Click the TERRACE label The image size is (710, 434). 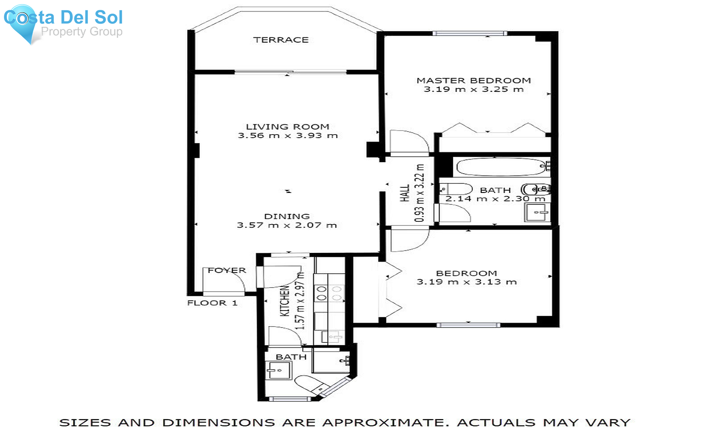pos(281,40)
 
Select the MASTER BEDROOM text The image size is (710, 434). pos(474,80)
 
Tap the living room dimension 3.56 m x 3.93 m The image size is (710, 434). pos(288,136)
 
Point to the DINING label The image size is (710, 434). pos(287,216)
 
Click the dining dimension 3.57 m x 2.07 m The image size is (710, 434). pos(287,225)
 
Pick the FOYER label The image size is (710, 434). pos(227,270)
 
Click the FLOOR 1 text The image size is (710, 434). pos(212,303)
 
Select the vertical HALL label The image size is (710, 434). pos(405,193)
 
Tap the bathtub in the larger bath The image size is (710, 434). pos(500,167)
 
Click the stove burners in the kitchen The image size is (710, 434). pos(329,294)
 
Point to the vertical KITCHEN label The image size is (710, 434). pos(285,301)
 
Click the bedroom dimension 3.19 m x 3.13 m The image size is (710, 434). pos(467,282)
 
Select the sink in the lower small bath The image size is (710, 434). pos(278,370)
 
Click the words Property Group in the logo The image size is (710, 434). pos(82,32)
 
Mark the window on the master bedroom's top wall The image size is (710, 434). pos(469,34)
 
